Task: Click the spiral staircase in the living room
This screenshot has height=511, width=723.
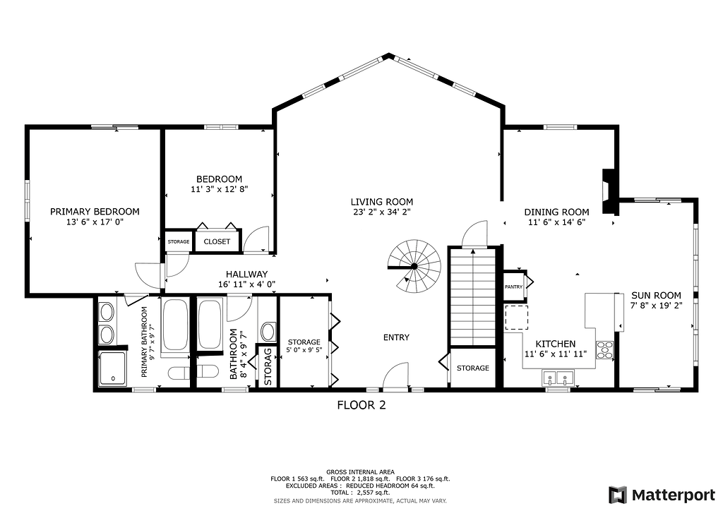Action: [x=414, y=266]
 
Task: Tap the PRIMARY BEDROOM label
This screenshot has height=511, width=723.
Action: [x=95, y=212]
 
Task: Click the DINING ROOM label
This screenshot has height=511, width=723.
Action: [x=556, y=212]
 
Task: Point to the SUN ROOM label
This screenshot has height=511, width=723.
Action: [x=656, y=295]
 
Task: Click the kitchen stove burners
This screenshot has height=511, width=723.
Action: [x=605, y=350]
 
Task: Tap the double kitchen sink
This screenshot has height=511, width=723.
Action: [x=558, y=378]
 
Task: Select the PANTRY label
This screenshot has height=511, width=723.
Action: [x=514, y=287]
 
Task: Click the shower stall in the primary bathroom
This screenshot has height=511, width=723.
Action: [x=112, y=368]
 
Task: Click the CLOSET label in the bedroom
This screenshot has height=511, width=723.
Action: [x=217, y=241]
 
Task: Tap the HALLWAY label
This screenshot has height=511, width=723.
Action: [x=246, y=274]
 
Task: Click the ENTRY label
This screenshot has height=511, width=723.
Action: [x=396, y=337]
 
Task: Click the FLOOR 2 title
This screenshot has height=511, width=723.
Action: [x=361, y=405]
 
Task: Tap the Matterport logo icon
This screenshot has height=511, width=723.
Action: [x=618, y=495]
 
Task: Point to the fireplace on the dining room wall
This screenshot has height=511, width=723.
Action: [x=609, y=192]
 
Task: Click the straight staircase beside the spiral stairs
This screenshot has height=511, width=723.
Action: [x=472, y=296]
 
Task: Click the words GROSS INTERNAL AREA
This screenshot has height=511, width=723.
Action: [x=360, y=472]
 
